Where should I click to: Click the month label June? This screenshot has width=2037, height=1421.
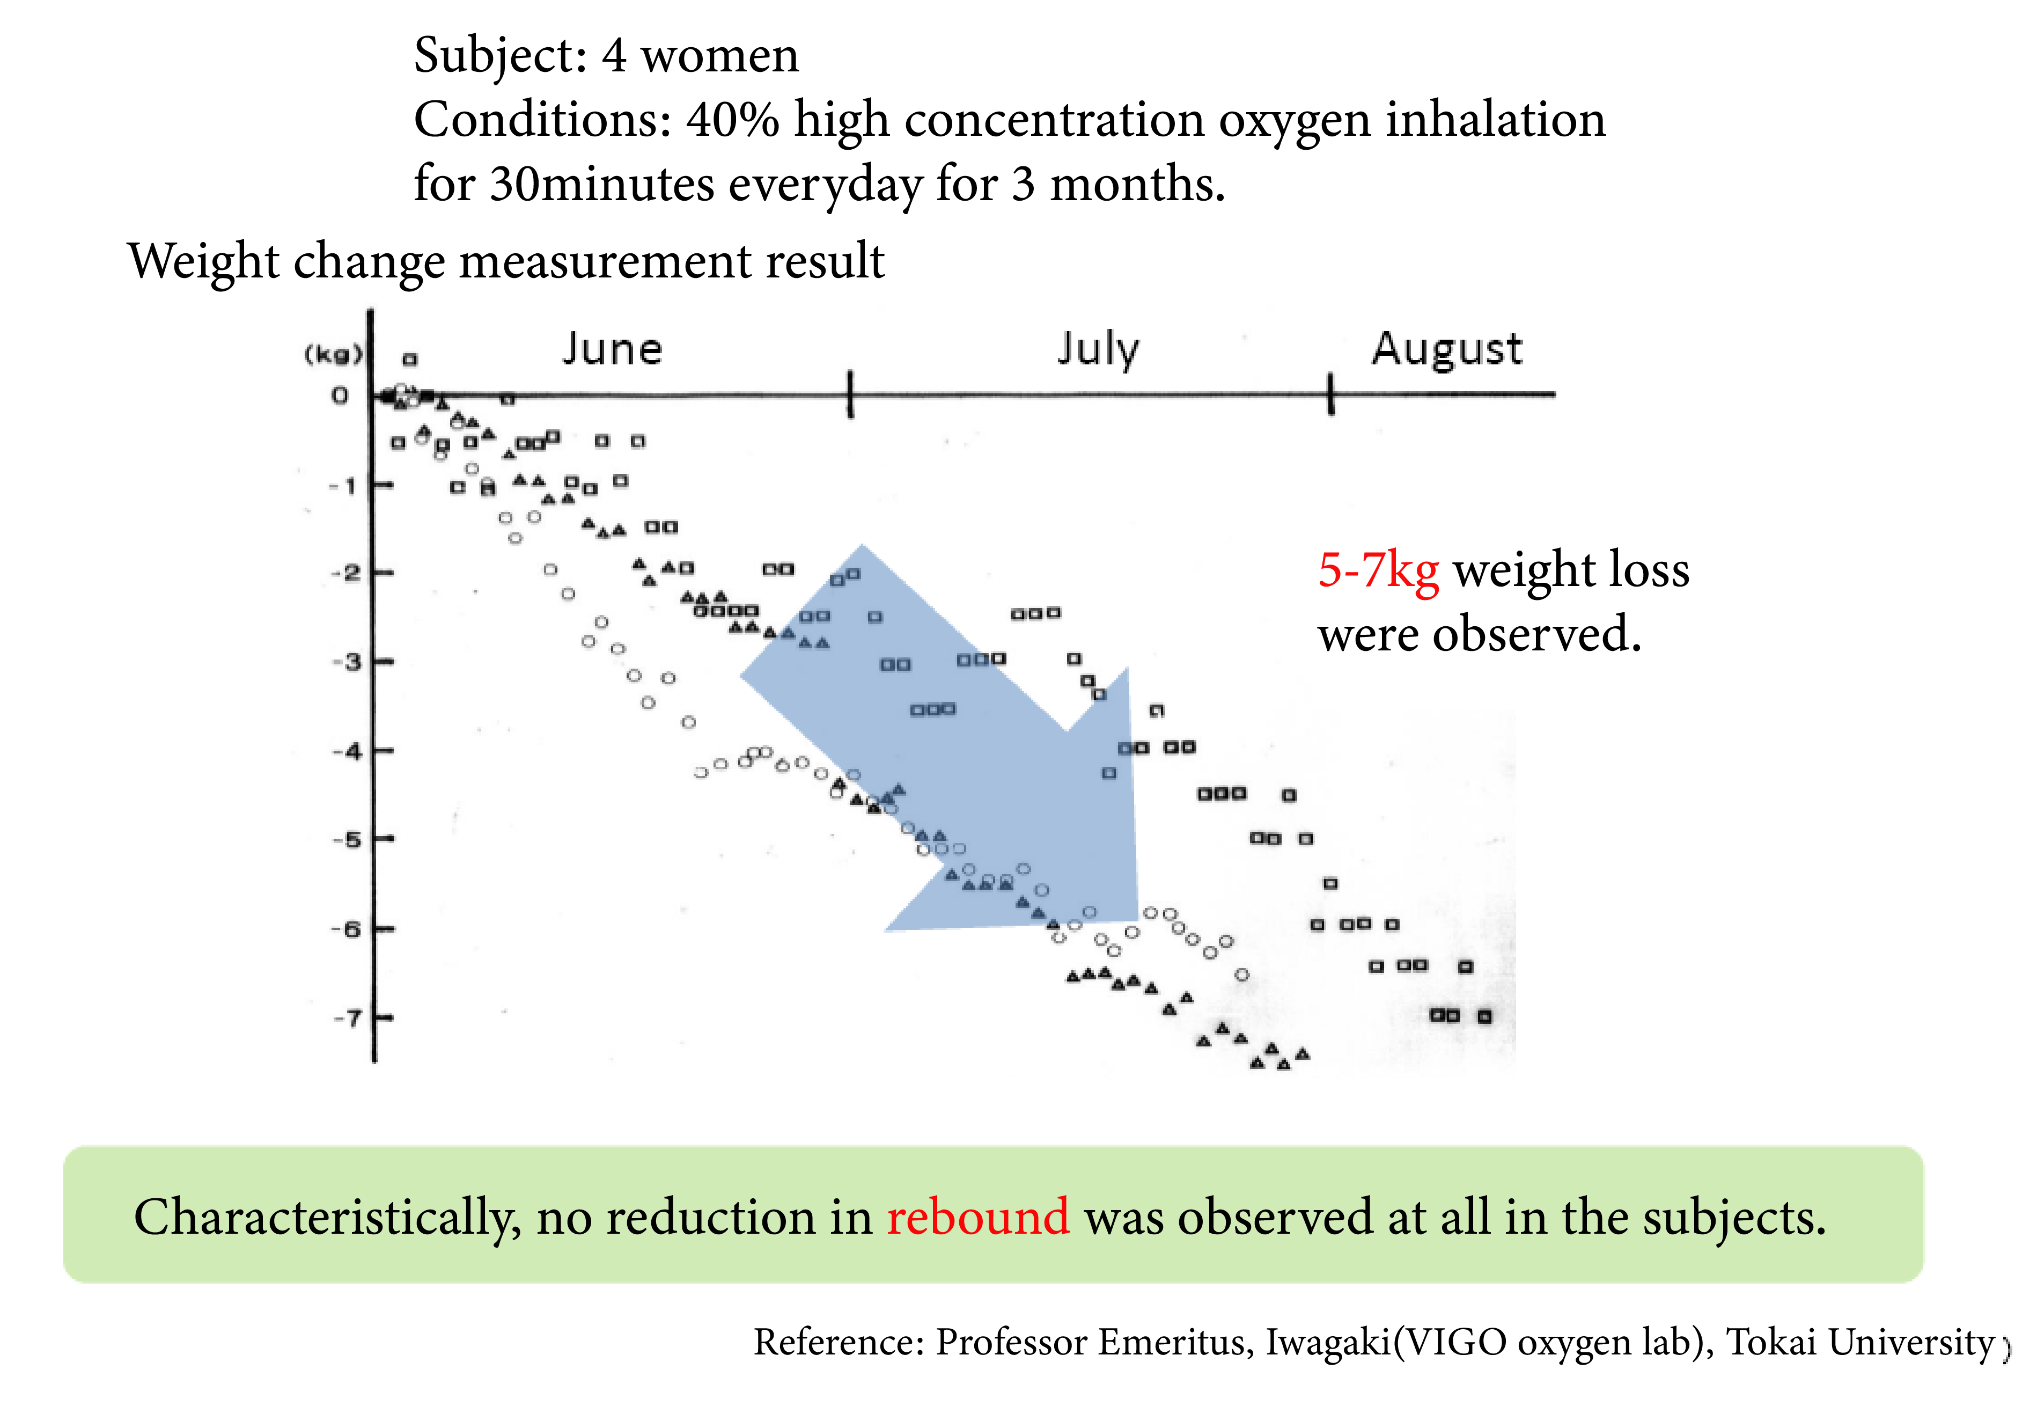click(x=612, y=349)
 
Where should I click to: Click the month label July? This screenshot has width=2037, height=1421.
click(x=1098, y=349)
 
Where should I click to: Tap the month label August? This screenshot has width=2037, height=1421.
click(x=1446, y=349)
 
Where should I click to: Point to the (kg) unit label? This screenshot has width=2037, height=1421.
click(x=334, y=355)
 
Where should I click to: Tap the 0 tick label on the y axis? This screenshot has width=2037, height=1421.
click(x=340, y=396)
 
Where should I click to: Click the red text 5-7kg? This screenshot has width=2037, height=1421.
click(x=1378, y=570)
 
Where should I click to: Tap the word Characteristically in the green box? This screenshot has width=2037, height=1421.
click(x=327, y=1218)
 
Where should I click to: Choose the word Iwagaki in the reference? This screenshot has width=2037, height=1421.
click(x=1328, y=1342)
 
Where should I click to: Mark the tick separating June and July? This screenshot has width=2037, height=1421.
click(x=850, y=394)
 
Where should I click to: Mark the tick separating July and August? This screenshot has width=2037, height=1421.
click(x=1331, y=394)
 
